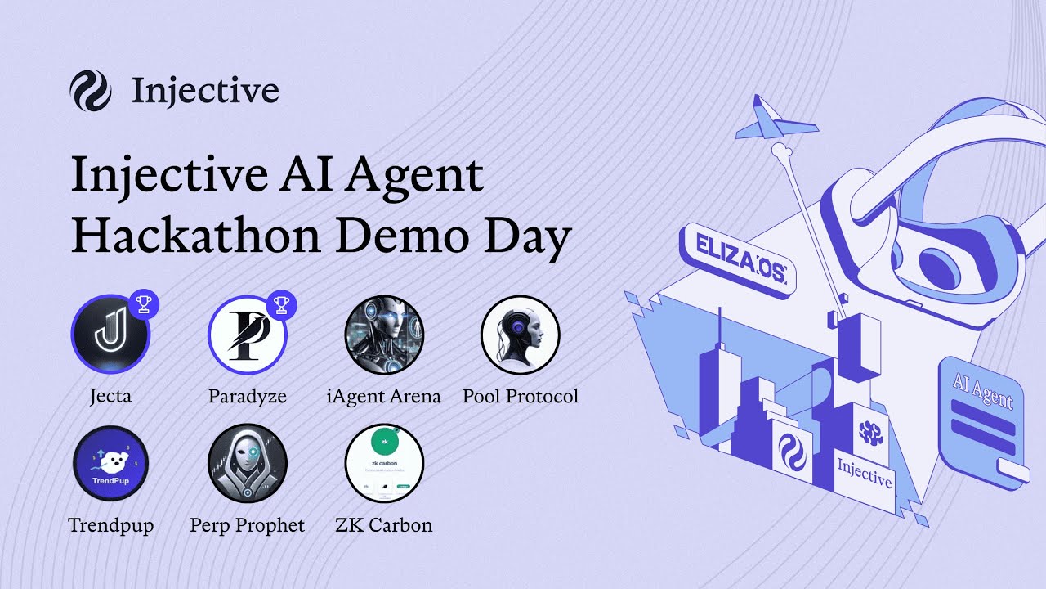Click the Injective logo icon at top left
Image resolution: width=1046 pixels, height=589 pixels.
[90, 90]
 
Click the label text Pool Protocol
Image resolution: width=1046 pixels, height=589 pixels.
[520, 397]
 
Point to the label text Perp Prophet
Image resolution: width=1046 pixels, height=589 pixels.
[247, 525]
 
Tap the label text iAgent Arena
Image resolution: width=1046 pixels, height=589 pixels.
[384, 397]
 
